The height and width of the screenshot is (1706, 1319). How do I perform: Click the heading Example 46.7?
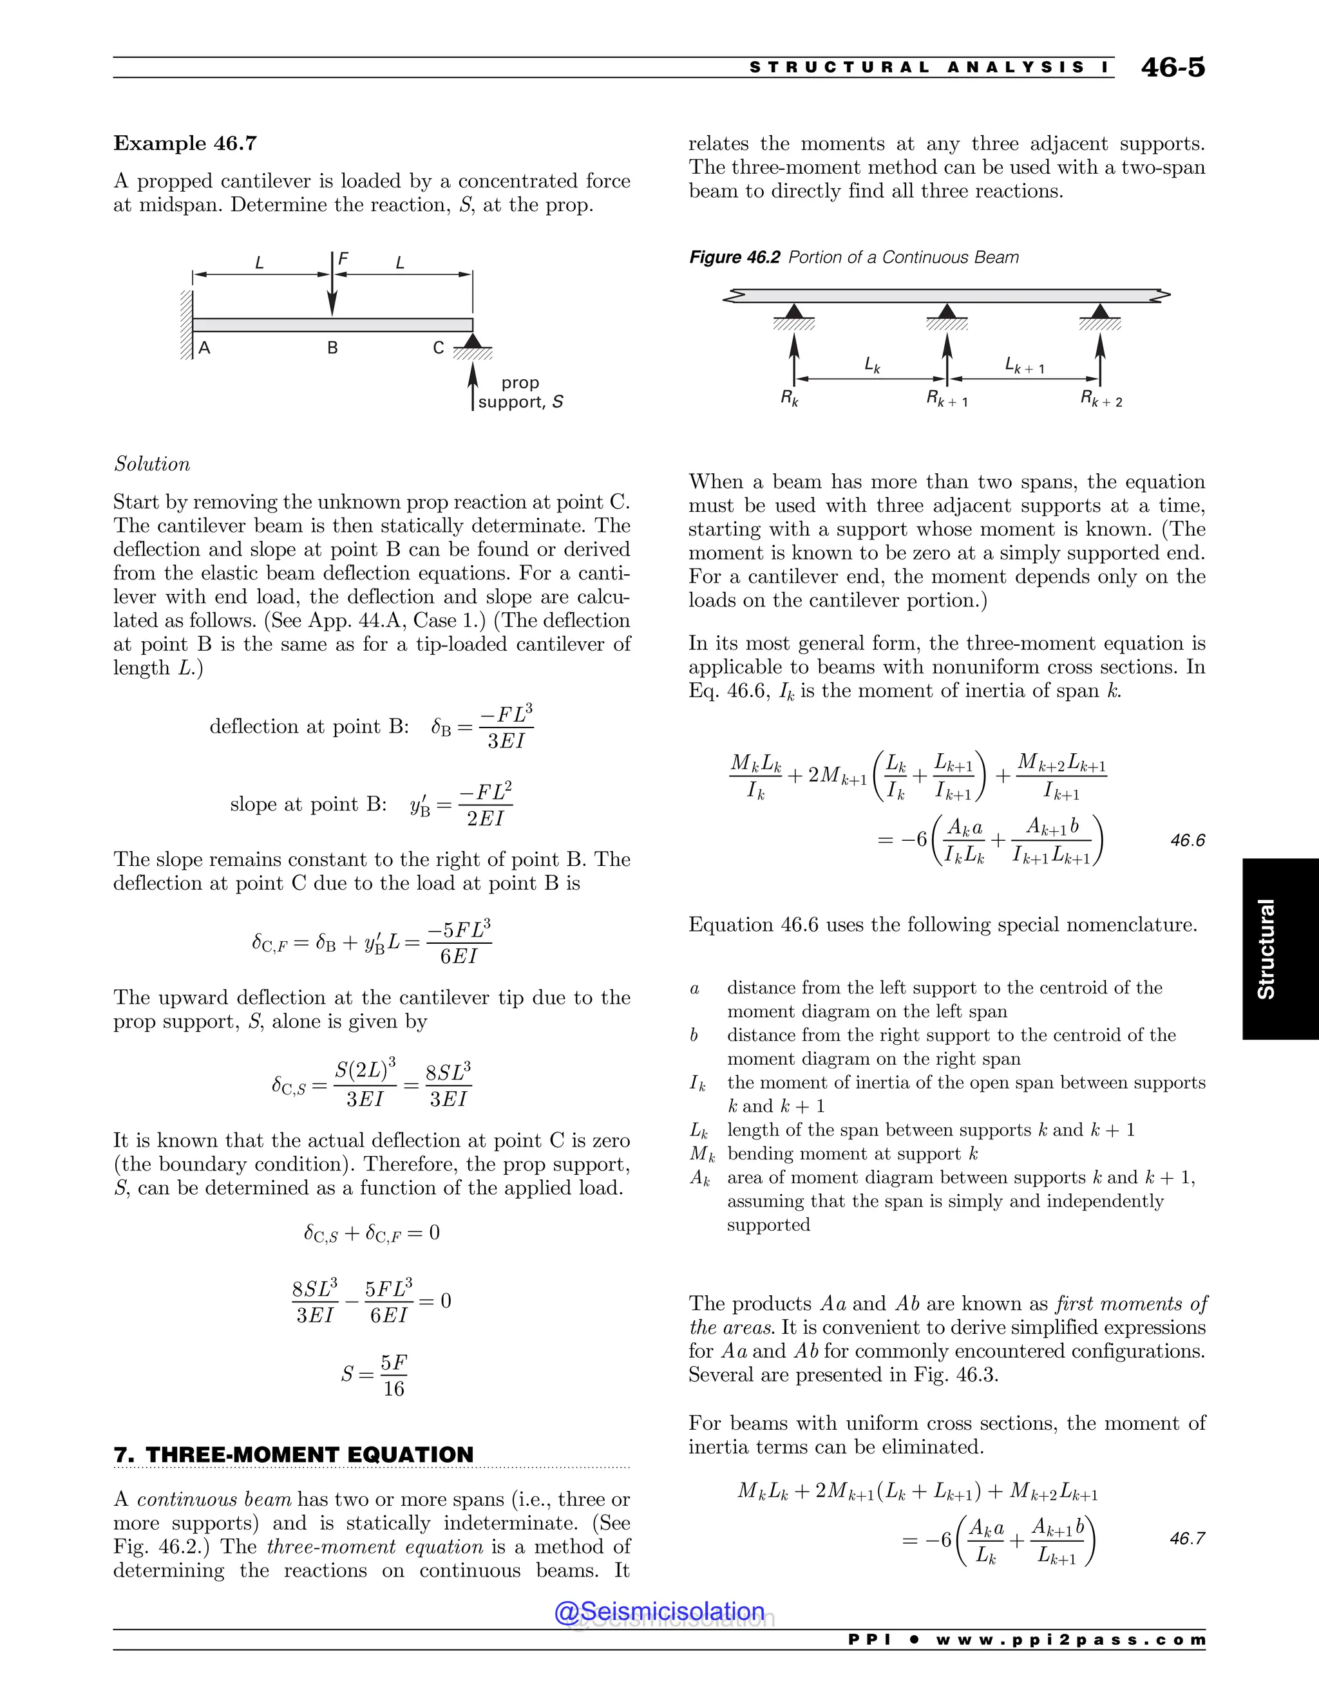tap(185, 144)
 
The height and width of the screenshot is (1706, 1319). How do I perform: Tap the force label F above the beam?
tap(343, 259)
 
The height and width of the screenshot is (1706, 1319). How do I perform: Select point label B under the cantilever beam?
tap(332, 348)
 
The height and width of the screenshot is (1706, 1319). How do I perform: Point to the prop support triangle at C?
tap(472, 341)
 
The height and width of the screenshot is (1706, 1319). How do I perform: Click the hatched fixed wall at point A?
tap(186, 325)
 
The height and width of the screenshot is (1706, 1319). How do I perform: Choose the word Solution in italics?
tap(153, 464)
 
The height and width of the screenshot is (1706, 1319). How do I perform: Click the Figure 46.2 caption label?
tap(734, 258)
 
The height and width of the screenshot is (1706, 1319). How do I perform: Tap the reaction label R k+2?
tap(1101, 399)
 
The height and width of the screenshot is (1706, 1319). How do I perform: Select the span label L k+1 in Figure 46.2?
tap(1023, 366)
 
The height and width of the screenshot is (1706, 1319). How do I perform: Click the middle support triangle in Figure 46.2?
tap(946, 312)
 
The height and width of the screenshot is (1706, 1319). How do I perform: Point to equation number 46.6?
tap(1187, 841)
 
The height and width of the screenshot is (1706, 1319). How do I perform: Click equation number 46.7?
tap(1187, 1539)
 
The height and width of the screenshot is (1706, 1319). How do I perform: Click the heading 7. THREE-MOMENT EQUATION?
tap(294, 1454)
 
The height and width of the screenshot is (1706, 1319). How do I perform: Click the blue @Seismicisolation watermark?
tap(659, 1611)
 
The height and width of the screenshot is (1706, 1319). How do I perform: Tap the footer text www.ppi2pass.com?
tap(1070, 1640)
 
